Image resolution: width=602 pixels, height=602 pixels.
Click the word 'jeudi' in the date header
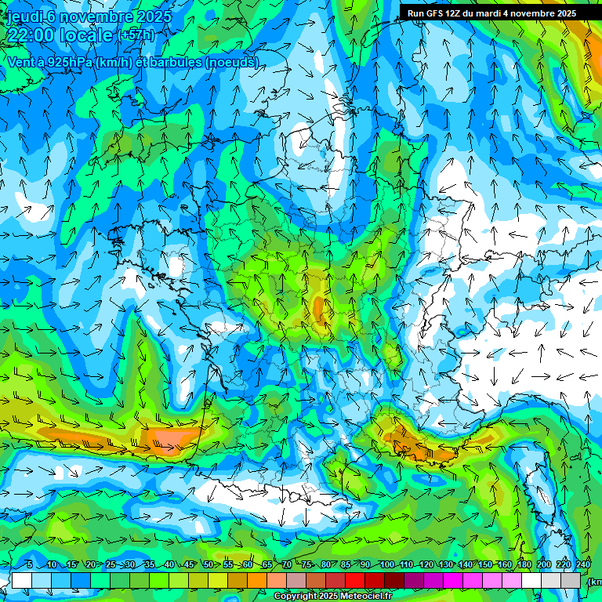point(25,16)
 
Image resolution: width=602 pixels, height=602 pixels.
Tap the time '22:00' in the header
point(31,35)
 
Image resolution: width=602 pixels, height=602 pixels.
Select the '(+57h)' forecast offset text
point(136,36)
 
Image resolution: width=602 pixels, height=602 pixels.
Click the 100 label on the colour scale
point(386,565)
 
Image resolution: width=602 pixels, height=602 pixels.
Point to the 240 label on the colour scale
point(582,565)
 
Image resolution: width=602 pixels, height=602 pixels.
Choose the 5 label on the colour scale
point(30,565)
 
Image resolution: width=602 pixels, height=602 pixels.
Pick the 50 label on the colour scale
point(208,565)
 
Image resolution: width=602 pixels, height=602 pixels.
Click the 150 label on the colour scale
point(484,565)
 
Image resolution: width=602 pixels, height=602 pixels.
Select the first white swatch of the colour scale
point(21,580)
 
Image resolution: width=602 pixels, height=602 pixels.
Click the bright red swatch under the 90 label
point(355,580)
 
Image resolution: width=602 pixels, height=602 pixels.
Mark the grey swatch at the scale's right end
point(571,580)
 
